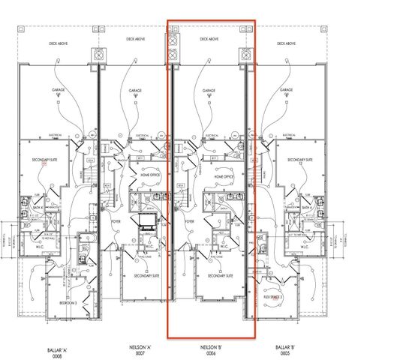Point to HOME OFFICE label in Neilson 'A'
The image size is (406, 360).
(x=149, y=177)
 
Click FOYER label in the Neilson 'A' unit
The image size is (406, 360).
(x=116, y=222)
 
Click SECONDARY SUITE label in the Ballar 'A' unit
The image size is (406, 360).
(x=45, y=160)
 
